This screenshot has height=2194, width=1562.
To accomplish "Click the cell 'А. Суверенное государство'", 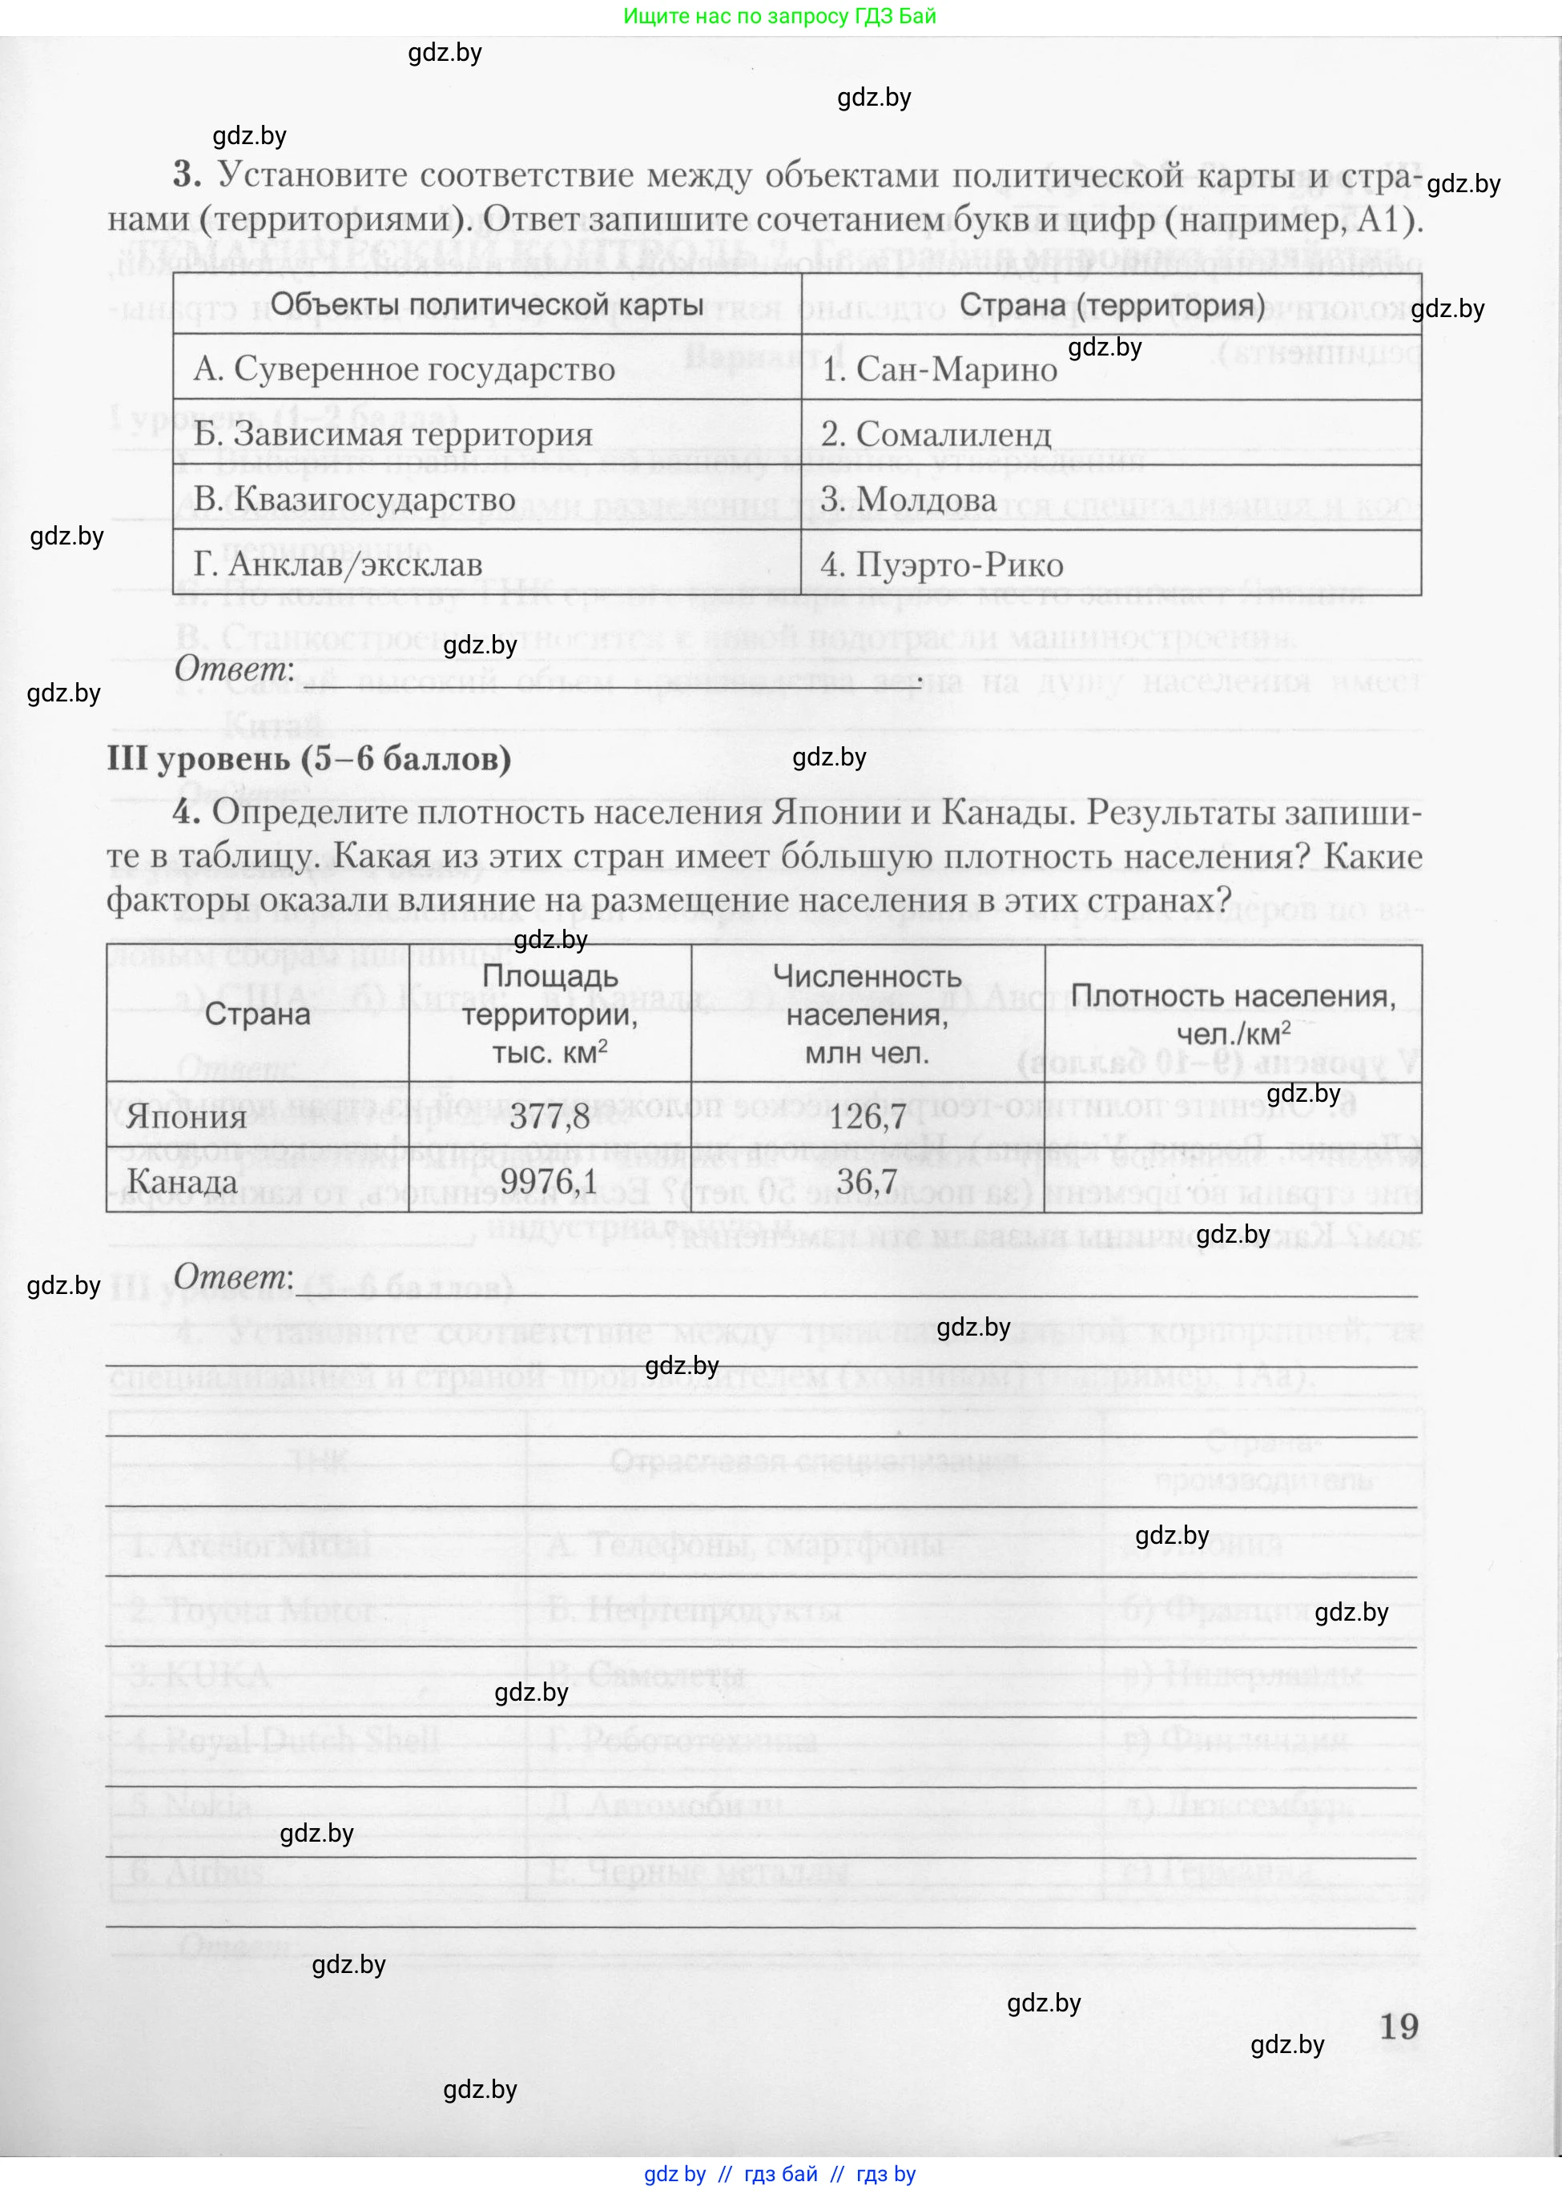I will [404, 369].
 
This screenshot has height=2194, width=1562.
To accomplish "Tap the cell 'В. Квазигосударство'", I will [354, 500].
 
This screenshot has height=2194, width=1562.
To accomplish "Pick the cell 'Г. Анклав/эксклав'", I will [337, 565].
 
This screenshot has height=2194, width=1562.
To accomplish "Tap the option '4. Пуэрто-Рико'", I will [942, 565].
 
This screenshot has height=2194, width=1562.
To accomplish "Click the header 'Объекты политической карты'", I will [487, 305].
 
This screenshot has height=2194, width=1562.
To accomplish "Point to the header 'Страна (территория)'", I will [1112, 305].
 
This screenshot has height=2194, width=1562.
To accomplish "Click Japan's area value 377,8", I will [550, 1116].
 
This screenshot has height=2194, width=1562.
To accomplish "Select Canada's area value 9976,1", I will [550, 1182].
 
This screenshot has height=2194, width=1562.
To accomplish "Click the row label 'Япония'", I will [187, 1116].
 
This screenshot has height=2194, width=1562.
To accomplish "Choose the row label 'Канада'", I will [182, 1182].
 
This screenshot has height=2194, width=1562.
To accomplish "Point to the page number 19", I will [1399, 2026].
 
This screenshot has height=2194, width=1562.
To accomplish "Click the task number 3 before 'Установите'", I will [187, 175].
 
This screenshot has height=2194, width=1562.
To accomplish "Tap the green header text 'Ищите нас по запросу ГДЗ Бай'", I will [779, 16].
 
